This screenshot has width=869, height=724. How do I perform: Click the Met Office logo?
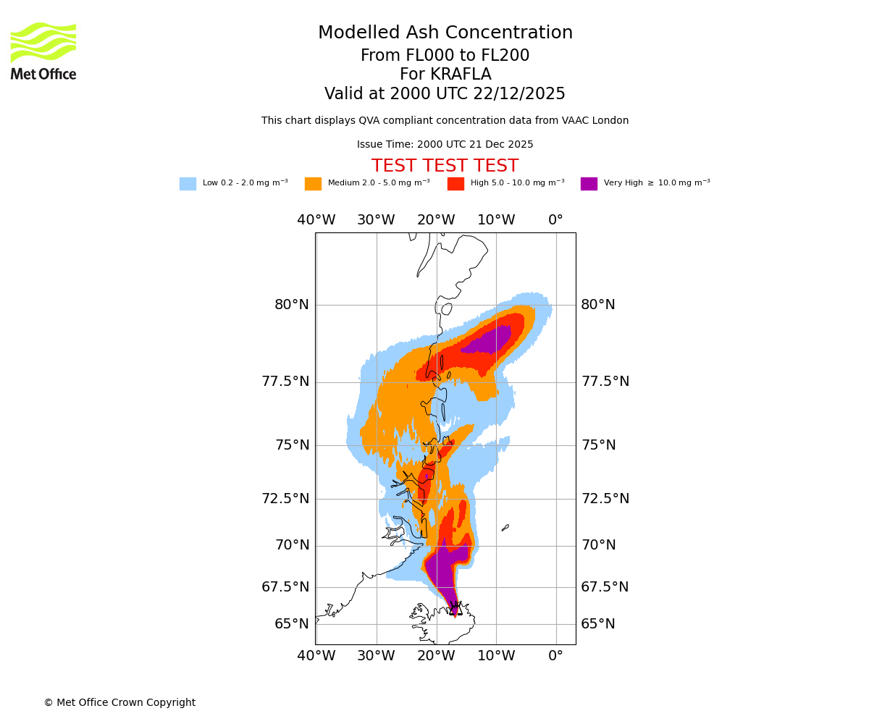[x=43, y=51]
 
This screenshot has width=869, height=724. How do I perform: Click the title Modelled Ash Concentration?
[x=445, y=33]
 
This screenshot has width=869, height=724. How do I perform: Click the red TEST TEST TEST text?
[x=445, y=167]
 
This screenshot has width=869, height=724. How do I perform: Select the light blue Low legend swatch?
[x=188, y=184]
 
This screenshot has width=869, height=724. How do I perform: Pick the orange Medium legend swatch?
[x=313, y=184]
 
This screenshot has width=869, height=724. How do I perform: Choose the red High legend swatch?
[x=456, y=184]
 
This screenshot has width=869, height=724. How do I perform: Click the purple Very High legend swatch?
[x=589, y=184]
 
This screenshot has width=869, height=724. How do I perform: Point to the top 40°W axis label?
[x=316, y=220]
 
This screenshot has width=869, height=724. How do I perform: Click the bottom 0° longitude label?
[x=555, y=657]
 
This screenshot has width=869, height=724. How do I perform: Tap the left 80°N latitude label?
[x=291, y=305]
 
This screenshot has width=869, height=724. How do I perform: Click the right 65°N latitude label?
[x=597, y=624]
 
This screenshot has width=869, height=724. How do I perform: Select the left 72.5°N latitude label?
[x=285, y=499]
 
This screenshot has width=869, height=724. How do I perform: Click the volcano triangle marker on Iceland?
[x=455, y=609]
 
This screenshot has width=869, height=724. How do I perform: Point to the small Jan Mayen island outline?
[x=505, y=528]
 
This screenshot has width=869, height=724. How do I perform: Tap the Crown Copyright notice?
[x=119, y=703]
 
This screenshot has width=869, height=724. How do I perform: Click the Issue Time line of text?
[x=445, y=145]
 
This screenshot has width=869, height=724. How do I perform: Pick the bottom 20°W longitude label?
[x=435, y=657]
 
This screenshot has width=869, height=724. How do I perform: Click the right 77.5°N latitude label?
[x=605, y=382]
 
